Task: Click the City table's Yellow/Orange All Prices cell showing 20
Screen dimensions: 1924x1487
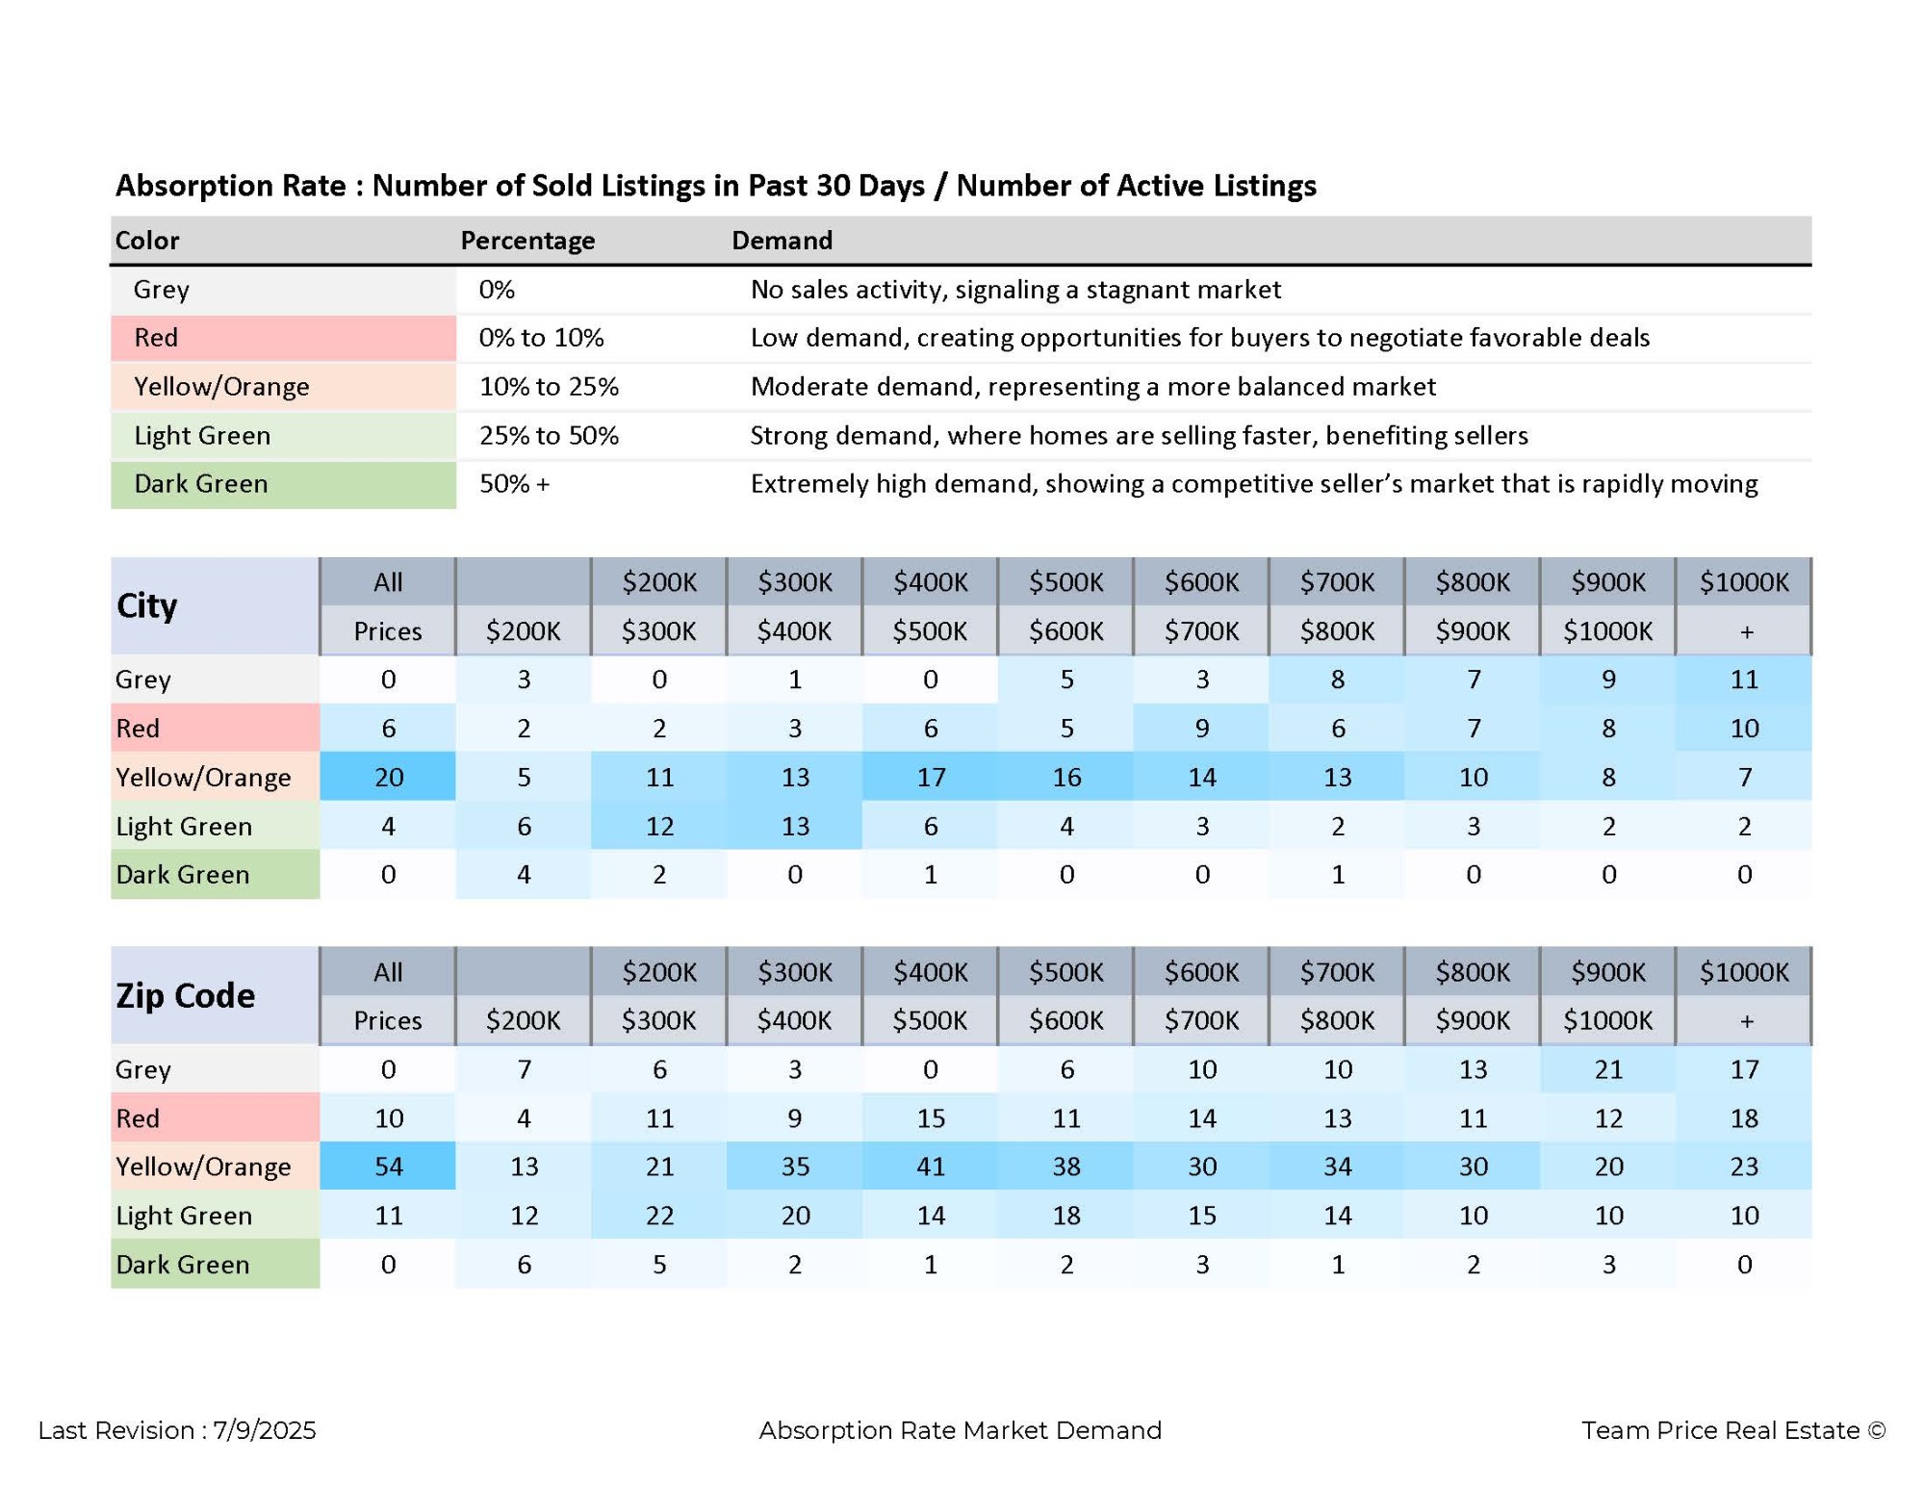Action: pos(388,776)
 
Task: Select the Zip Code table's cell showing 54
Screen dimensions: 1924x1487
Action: pos(388,1166)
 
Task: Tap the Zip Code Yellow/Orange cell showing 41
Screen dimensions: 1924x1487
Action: pos(930,1166)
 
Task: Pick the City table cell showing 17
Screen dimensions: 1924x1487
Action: pos(930,776)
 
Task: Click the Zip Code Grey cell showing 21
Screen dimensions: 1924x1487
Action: pos(1608,1068)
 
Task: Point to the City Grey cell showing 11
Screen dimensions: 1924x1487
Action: pos(1744,679)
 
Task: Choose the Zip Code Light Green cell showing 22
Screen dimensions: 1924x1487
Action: pos(659,1215)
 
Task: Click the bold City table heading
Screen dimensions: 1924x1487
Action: pos(146,605)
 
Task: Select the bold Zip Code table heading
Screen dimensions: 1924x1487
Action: pos(185,995)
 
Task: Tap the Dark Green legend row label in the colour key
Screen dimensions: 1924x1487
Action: pos(200,483)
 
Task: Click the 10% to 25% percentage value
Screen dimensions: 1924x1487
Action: pos(549,386)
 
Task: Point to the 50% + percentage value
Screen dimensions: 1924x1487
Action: pos(514,483)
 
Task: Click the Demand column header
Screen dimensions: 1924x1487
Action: pos(782,240)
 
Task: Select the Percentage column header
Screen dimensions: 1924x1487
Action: pos(527,240)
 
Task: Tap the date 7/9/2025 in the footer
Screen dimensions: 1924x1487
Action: pos(264,1430)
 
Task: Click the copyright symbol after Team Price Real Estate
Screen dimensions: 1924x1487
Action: pos(1876,1430)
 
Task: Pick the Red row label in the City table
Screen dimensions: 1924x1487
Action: pos(138,728)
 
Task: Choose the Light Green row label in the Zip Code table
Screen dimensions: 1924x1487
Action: pos(184,1215)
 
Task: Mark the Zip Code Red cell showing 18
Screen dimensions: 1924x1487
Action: pos(1744,1117)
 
